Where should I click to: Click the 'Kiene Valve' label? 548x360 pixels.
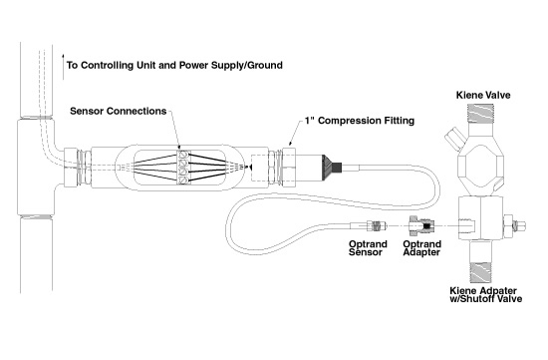click(483, 95)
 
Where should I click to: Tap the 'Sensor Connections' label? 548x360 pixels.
click(119, 111)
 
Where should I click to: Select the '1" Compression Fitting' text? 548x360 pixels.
click(360, 121)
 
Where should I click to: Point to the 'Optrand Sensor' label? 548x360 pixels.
click(368, 248)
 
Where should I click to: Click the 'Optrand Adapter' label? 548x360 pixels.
click(421, 248)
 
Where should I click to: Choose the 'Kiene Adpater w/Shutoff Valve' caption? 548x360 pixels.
click(486, 295)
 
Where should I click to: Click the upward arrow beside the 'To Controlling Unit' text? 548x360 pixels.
click(63, 67)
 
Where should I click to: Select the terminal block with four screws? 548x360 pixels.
click(183, 168)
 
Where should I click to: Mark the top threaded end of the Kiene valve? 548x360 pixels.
click(480, 114)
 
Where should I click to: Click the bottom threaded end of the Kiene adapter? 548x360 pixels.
click(480, 272)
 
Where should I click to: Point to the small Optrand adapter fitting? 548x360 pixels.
click(420, 225)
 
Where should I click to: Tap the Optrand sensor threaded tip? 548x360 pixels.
click(377, 226)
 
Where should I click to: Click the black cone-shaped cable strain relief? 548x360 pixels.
click(331, 168)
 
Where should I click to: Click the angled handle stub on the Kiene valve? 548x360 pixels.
click(453, 138)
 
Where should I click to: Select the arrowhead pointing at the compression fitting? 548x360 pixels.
click(290, 144)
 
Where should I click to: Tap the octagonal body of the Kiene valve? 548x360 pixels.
click(481, 169)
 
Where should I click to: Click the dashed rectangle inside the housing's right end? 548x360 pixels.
click(260, 168)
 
